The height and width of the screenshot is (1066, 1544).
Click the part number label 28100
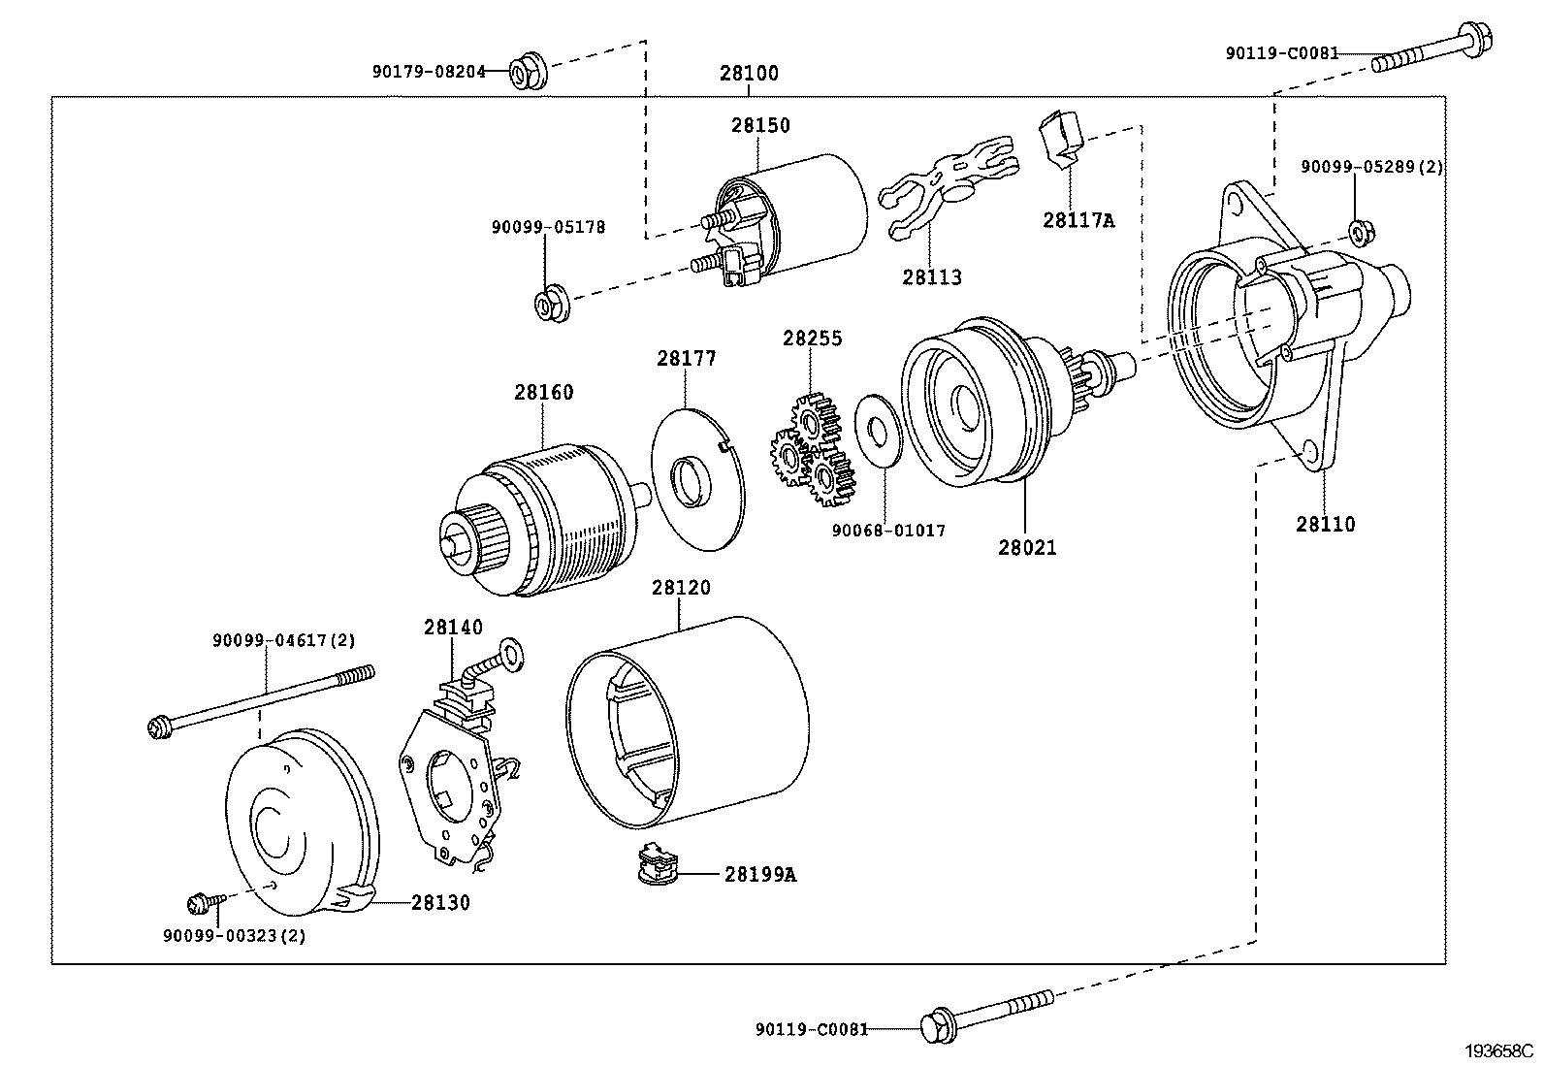pos(749,73)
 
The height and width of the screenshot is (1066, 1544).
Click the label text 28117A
pos(1078,220)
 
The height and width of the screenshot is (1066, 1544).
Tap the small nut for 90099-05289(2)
pos(1359,232)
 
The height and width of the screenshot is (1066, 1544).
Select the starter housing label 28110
pos(1325,525)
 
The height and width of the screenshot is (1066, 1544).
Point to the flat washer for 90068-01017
pos(879,427)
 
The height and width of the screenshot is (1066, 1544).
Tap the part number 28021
pos(1027,547)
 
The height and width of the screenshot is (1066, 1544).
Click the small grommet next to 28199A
pos(657,863)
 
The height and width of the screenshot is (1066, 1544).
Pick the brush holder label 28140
pos(452,628)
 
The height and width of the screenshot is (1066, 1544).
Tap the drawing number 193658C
pos(1497,1050)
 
